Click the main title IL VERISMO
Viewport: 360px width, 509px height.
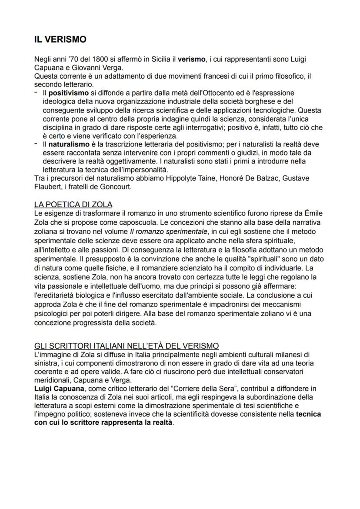click(x=60, y=40)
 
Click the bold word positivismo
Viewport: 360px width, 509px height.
click(x=67, y=93)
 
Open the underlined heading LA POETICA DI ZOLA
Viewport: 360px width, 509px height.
click(x=73, y=205)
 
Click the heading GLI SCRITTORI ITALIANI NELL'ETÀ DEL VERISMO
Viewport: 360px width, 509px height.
click(x=127, y=346)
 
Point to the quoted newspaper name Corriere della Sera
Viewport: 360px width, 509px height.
click(x=203, y=388)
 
